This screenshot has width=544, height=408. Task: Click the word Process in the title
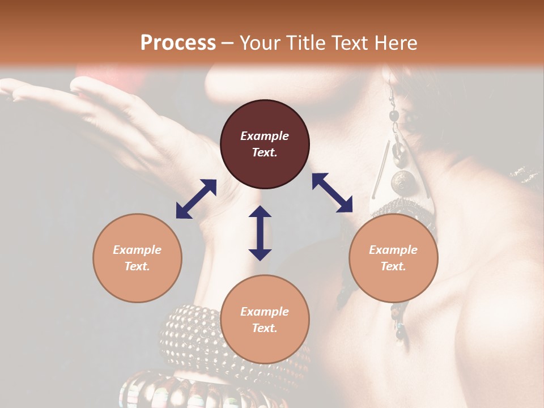(178, 43)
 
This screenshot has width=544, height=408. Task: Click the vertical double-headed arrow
(260, 232)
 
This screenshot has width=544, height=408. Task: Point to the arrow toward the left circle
(196, 198)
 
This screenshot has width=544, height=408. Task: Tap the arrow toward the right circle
(332, 193)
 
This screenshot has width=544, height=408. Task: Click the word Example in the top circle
(265, 136)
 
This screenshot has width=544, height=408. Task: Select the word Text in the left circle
(137, 266)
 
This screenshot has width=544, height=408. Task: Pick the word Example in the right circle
(393, 250)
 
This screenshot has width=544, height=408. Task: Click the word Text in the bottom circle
(264, 328)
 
